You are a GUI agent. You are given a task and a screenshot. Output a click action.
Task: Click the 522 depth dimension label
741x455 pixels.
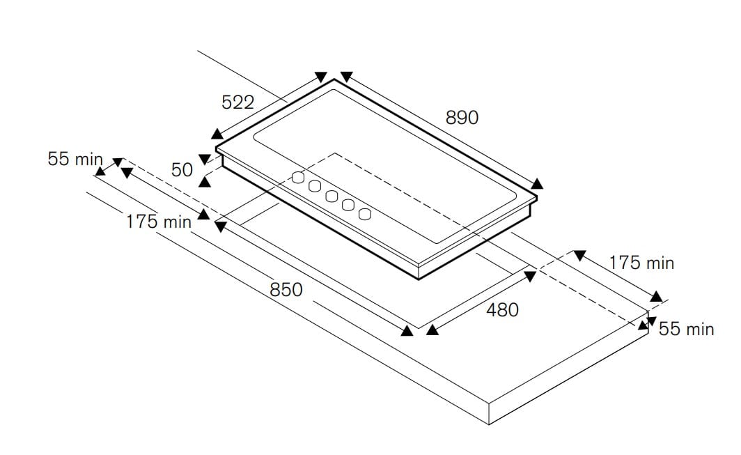(x=237, y=102)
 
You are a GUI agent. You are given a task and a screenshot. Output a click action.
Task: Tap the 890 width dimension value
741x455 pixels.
(x=462, y=117)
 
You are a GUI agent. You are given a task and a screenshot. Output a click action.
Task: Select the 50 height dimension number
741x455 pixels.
(x=182, y=170)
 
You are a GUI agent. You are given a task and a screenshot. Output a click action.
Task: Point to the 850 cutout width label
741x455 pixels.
(x=286, y=289)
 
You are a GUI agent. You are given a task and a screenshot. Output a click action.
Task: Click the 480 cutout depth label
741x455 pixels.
(x=502, y=310)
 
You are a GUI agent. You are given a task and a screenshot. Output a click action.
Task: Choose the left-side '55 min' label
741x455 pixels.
(x=75, y=159)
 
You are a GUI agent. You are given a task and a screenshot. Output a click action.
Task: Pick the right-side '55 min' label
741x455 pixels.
(x=686, y=329)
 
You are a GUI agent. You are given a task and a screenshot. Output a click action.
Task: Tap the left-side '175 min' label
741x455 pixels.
(x=159, y=222)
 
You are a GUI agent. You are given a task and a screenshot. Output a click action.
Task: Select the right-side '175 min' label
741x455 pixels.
(x=641, y=263)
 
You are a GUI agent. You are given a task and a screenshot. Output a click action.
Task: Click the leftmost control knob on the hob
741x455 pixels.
(x=298, y=178)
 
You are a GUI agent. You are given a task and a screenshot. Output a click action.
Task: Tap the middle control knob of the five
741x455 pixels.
(x=331, y=196)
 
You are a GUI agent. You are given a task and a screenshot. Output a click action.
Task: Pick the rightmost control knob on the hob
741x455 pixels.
(x=364, y=214)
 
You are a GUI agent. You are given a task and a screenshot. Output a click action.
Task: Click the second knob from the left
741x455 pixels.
(x=315, y=186)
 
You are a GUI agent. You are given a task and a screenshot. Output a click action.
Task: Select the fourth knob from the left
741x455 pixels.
(x=348, y=205)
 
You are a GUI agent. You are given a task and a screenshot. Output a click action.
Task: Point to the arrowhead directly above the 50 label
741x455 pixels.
(x=205, y=159)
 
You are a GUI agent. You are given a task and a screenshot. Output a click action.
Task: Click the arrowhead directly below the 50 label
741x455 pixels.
(x=205, y=182)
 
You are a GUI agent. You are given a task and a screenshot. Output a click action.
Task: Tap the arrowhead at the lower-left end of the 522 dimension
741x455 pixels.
(x=217, y=134)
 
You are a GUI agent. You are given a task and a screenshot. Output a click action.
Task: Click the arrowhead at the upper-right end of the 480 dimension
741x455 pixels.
(x=531, y=276)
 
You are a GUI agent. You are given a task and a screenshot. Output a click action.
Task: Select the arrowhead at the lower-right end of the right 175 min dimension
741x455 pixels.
(x=656, y=297)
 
